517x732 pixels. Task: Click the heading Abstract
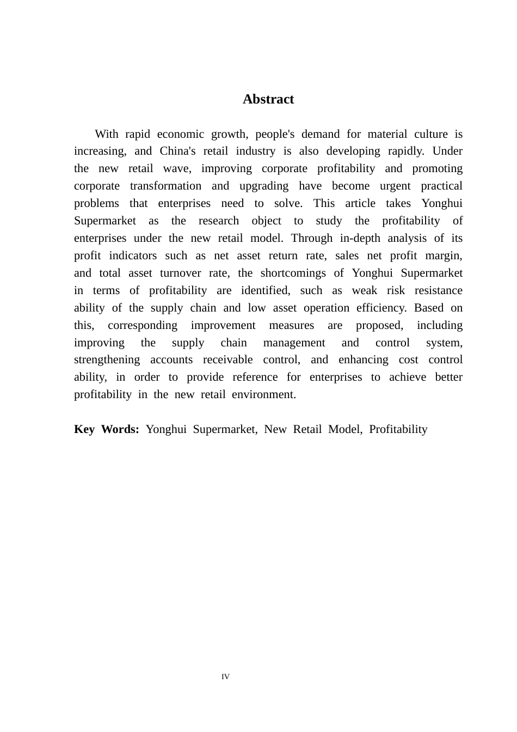268,99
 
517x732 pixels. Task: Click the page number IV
225,677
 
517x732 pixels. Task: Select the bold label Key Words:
107,429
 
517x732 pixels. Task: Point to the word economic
180,134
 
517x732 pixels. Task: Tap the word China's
177,151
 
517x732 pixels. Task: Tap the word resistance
439,290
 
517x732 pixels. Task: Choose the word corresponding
143,325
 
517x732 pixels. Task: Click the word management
294,343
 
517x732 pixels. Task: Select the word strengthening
107,359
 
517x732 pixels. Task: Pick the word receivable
227,359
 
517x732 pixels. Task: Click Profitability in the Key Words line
398,429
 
